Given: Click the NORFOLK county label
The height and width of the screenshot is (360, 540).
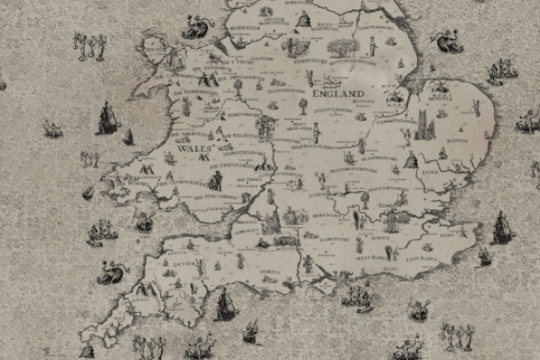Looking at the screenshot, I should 453,98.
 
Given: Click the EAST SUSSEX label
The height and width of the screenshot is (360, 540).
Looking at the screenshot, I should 409,255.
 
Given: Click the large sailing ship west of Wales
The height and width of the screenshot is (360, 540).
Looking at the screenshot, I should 106,118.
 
